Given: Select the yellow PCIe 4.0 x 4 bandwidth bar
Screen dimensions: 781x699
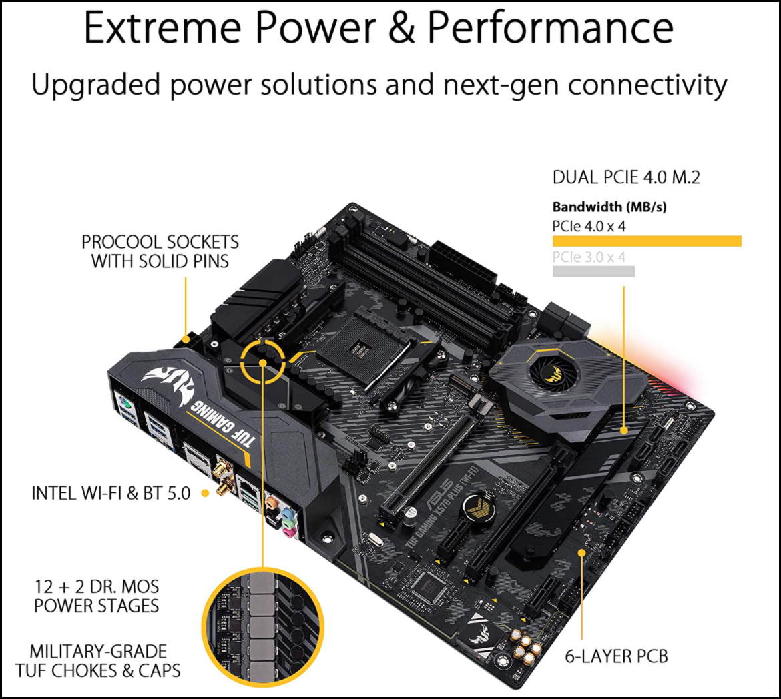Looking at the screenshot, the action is pos(647,241).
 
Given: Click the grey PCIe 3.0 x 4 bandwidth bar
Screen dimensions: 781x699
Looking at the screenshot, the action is pos(593,271).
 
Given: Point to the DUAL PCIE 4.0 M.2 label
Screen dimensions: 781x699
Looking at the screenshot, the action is pos(626,177).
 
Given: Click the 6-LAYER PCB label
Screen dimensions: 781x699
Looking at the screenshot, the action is pos(616,656).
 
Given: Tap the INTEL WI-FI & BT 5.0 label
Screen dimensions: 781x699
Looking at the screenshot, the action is pos(111,493).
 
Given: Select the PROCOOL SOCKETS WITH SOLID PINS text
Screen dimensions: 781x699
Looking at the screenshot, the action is pos(160,251).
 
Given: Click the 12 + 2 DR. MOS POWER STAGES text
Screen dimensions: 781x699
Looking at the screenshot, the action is pos(97,596).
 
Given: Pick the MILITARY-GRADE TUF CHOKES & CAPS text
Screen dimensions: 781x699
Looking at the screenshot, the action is pos(97,661).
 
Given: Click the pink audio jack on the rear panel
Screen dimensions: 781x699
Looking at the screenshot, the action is pos(288,532).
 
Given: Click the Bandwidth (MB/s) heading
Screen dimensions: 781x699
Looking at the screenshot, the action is pos(609,207).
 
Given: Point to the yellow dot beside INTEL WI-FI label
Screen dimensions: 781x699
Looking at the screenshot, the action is pos(205,493).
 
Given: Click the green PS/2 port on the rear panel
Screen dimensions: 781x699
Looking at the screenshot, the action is pos(125,404).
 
